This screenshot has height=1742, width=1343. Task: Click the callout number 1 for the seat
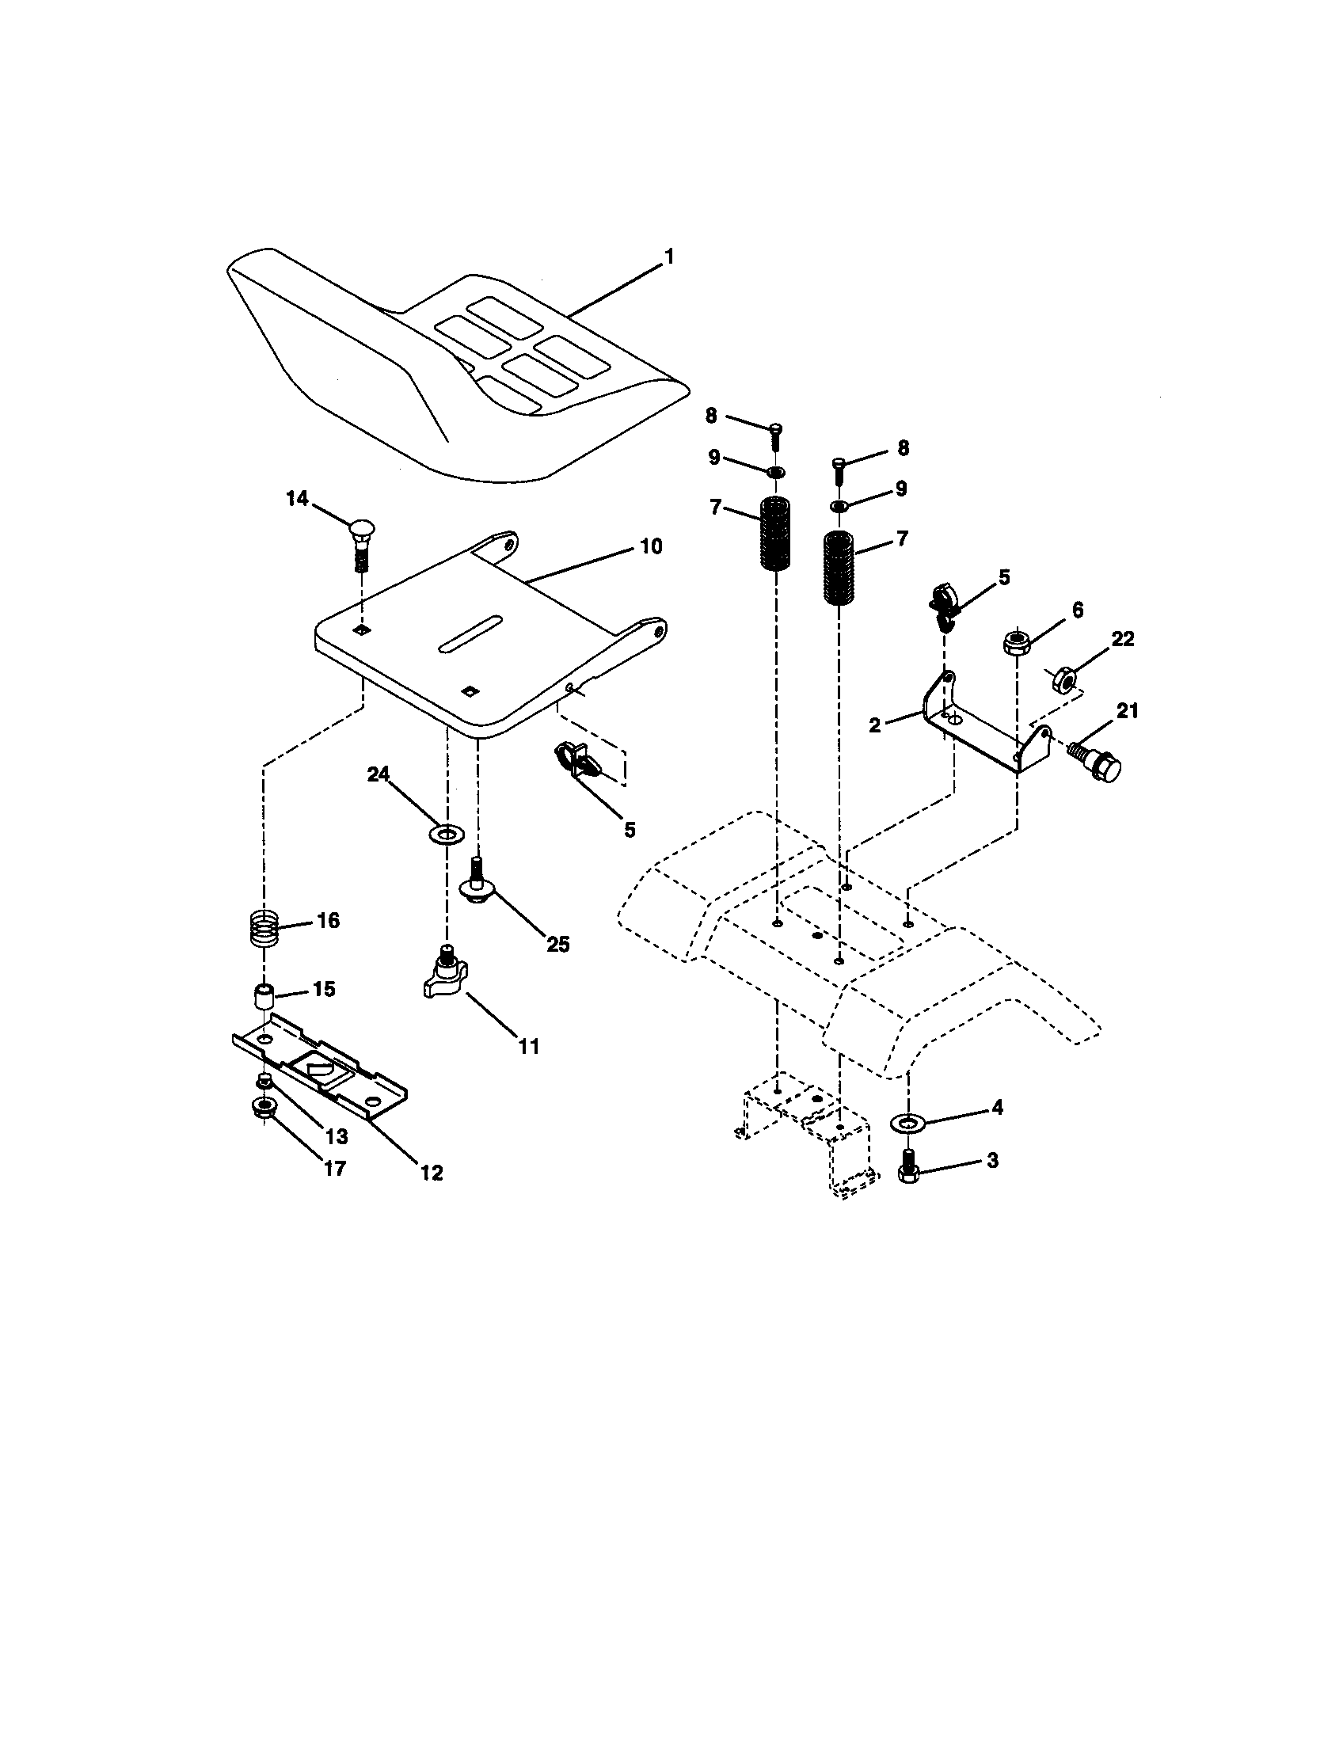669,257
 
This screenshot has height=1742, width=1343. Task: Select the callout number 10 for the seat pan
650,546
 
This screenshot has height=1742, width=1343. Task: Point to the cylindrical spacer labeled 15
264,998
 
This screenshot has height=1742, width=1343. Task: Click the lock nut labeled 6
1016,641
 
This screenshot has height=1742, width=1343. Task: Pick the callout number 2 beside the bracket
875,726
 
